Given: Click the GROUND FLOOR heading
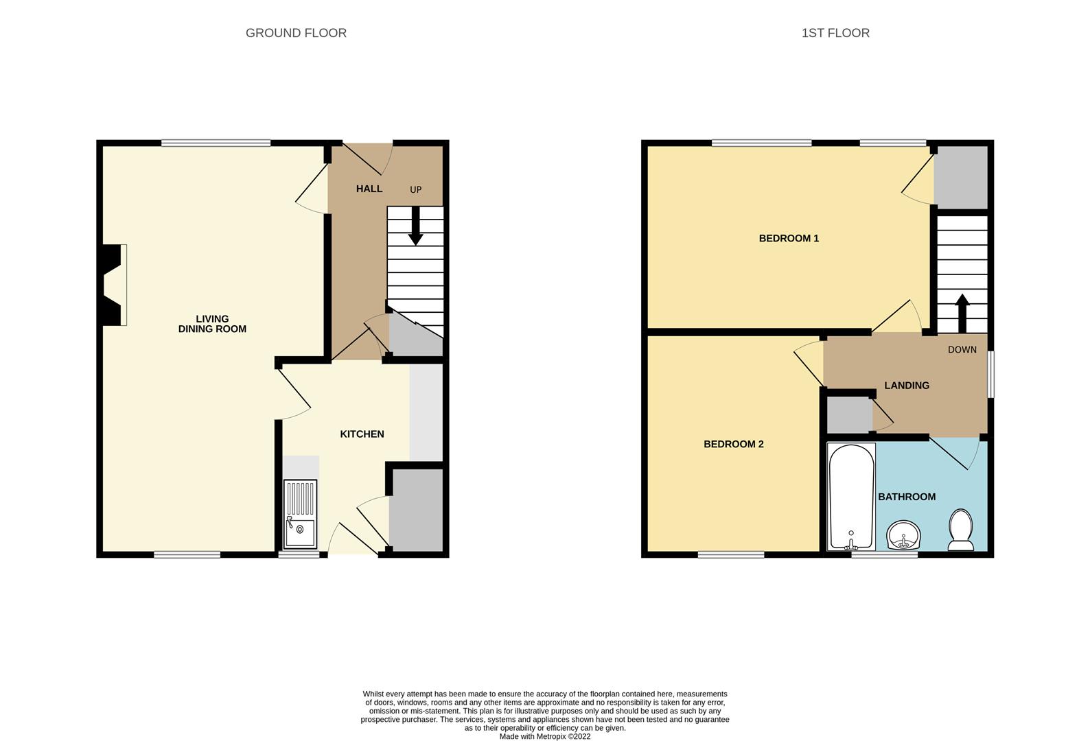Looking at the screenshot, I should point(296,33).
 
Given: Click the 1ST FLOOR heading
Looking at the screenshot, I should point(835,33).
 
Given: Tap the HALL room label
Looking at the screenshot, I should point(369,189).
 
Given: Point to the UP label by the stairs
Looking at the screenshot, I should point(415,190).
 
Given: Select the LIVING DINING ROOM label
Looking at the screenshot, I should point(212,324).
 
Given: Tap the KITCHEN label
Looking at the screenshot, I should point(362,434).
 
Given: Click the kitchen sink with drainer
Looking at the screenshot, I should point(301,513).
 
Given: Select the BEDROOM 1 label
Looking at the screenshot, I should point(788,239).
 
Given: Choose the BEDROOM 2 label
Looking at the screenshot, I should point(733,445).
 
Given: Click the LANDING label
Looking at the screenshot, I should point(906,386).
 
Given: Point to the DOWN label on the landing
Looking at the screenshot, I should point(962,350).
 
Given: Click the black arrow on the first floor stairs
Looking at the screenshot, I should point(962,312).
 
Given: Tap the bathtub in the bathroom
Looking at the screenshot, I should point(851,496).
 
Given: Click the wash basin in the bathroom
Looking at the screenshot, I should point(903,535).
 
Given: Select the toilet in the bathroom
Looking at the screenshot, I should point(960,530).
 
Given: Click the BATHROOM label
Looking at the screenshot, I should point(906,497).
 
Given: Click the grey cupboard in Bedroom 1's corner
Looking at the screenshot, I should point(961,177).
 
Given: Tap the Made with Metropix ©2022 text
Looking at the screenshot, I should point(544,737).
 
